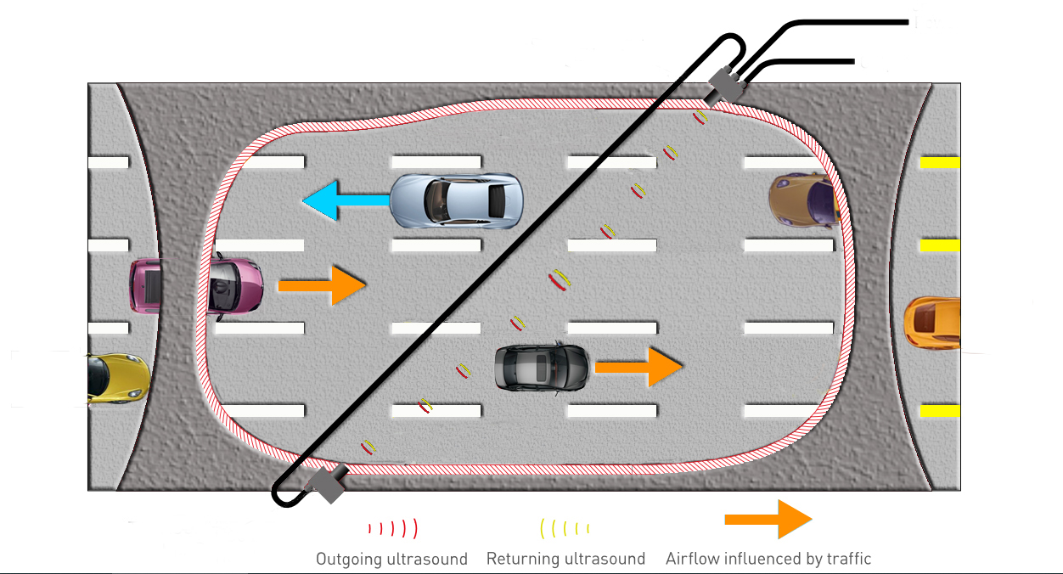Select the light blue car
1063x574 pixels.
coord(457,200)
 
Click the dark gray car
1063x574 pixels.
coord(542,367)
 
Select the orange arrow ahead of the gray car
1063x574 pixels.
coord(638,367)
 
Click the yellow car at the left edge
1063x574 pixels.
coord(117,379)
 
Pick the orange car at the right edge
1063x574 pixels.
coord(932,323)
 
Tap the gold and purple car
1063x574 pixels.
coord(803,201)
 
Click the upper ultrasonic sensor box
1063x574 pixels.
coord(726,85)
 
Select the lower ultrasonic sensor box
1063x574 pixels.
coord(325,483)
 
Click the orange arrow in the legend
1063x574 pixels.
coord(768,519)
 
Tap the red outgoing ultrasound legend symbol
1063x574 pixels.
coord(392,528)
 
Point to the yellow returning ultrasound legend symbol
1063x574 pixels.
coord(565,528)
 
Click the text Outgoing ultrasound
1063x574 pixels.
coord(391,559)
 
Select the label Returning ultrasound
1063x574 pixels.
coord(565,559)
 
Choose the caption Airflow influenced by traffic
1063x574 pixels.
coord(768,559)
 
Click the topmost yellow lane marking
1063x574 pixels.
coord(940,162)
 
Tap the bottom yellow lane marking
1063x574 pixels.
coord(940,412)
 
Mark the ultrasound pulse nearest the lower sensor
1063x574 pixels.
coord(368,446)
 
